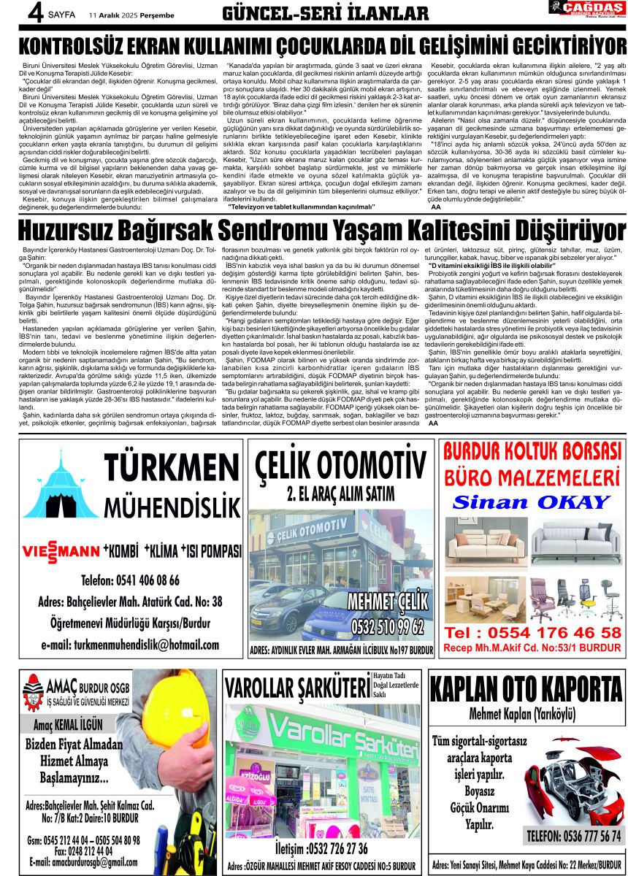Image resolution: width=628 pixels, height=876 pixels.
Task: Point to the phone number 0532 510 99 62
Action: click(x=387, y=626)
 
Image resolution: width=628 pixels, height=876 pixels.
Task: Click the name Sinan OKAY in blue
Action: click(x=531, y=503)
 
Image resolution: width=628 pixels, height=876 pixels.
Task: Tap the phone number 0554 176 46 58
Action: click(x=532, y=632)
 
